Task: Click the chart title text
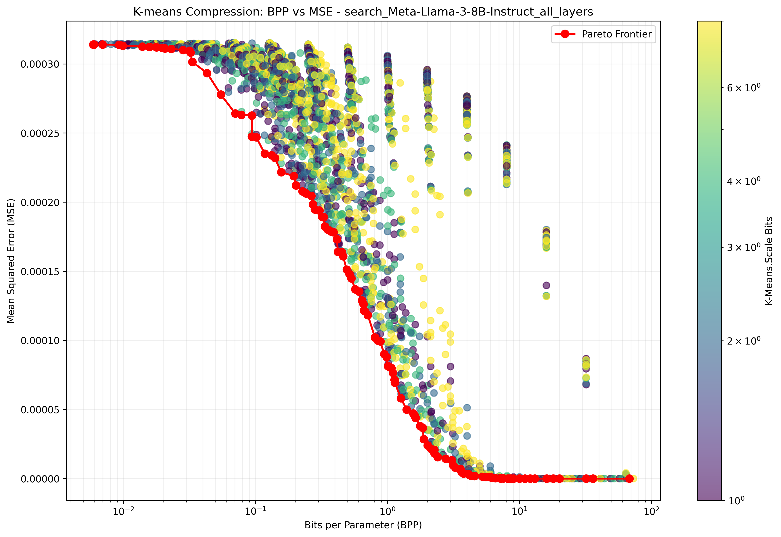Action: click(x=363, y=12)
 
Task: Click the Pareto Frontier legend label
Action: click(x=617, y=34)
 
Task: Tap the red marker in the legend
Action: click(x=565, y=34)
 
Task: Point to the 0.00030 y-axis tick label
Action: click(x=40, y=64)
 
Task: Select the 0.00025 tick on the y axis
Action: click(x=40, y=133)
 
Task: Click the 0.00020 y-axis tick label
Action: click(x=40, y=203)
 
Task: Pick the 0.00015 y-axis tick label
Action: click(x=40, y=271)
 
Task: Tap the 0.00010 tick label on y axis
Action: click(x=40, y=341)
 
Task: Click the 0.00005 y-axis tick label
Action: click(x=40, y=410)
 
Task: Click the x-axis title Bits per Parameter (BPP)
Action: click(x=363, y=525)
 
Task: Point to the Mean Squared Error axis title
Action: click(x=11, y=261)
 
